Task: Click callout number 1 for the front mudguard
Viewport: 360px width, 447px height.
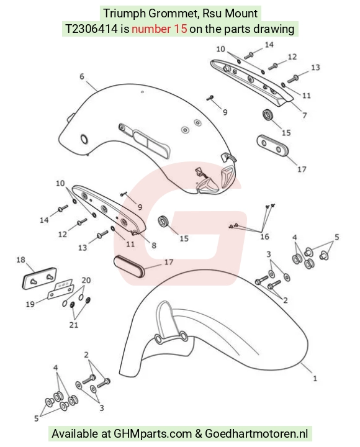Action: [315, 379]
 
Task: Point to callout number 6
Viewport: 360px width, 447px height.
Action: [82, 76]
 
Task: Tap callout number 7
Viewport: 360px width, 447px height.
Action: [305, 115]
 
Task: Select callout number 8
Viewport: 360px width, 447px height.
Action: [154, 245]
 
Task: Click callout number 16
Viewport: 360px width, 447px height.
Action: [264, 237]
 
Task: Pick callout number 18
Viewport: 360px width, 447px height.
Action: [21, 260]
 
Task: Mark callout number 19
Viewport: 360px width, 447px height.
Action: [30, 304]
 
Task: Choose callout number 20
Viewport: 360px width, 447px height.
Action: [86, 280]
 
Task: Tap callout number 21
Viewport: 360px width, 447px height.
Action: [73, 325]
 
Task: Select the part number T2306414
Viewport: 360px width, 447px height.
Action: [91, 29]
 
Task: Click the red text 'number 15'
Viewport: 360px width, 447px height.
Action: [160, 29]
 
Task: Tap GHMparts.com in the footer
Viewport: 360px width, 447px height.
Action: [153, 433]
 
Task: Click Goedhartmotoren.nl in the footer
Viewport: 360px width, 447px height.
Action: [256, 433]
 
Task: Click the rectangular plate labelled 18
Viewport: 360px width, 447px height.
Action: [39, 278]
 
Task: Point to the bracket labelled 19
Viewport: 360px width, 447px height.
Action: [61, 289]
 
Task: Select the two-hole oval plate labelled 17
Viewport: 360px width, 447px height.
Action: [272, 146]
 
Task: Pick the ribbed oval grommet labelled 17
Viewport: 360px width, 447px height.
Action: [129, 266]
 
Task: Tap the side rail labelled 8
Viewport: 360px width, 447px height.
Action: [109, 210]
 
